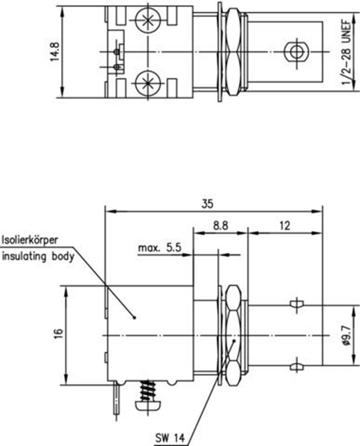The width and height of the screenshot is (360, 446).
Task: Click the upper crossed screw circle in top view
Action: click(147, 20)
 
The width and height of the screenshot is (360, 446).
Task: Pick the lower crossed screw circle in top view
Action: click(147, 84)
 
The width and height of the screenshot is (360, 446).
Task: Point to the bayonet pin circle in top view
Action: click(295, 52)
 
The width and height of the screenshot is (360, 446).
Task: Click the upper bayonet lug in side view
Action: click(297, 304)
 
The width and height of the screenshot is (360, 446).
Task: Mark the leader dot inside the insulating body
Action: click(135, 317)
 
